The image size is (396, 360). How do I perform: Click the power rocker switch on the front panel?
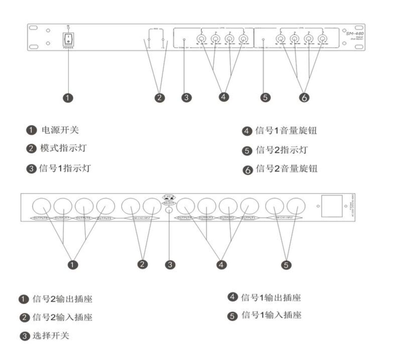(68, 39)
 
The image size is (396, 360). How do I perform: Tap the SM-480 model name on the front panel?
(355, 34)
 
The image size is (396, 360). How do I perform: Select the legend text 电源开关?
(60, 130)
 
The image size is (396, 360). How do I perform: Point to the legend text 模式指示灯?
(63, 148)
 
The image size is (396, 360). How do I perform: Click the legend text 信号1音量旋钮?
(286, 131)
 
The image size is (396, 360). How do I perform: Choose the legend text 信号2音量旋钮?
(286, 169)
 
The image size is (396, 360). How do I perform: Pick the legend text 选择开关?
(51, 336)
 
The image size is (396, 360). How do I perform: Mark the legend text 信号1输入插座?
(271, 315)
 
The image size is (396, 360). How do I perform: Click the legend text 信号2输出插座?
(62, 299)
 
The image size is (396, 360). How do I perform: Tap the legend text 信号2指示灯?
(282, 150)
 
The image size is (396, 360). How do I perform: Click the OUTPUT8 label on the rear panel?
(40, 218)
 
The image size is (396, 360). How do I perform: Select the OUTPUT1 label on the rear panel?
(249, 218)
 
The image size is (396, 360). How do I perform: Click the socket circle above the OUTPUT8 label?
(41, 206)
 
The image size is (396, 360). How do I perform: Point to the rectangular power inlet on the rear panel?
(332, 206)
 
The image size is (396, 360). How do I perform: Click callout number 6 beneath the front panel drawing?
(304, 97)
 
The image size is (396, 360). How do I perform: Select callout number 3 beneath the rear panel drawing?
(170, 265)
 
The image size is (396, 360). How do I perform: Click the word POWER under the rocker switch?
(68, 48)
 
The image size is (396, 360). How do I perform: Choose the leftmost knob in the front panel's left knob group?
(201, 39)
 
